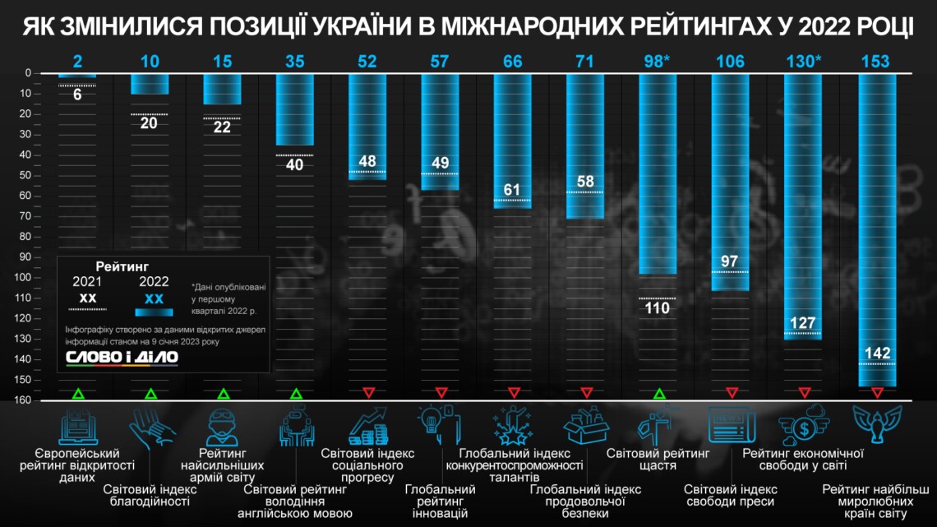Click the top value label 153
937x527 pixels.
875,62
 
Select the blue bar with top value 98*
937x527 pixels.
658,173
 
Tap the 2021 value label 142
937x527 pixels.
875,353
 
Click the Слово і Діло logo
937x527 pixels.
122,358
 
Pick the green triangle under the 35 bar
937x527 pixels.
295,393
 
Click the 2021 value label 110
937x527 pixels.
658,308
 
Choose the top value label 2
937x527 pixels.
77,62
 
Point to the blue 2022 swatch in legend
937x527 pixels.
154,312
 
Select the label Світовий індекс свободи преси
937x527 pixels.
731,496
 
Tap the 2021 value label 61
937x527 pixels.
512,190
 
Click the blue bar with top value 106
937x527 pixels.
730,181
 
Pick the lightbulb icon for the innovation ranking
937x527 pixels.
440,423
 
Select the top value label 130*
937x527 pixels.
802,62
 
